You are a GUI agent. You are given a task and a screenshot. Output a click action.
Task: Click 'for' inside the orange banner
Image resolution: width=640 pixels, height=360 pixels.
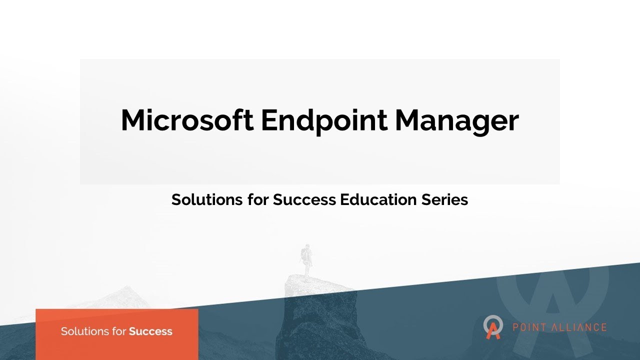point(116,331)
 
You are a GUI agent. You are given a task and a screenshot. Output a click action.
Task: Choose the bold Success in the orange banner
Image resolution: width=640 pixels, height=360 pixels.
point(150,331)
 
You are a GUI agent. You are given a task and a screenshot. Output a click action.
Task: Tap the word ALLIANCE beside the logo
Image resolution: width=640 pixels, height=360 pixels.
point(579,328)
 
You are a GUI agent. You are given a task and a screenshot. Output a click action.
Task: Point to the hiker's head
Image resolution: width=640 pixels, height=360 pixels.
point(306,247)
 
